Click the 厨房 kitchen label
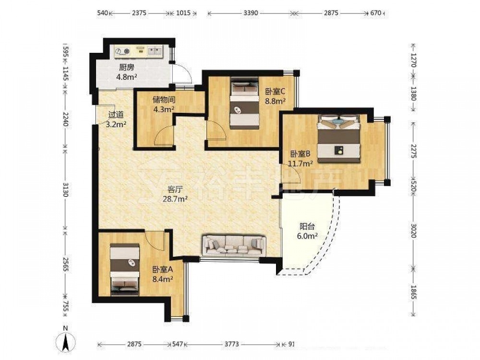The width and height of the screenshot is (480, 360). [x=126, y=67]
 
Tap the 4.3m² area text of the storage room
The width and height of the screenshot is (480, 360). [x=164, y=108]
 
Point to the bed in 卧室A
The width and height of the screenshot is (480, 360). [x=125, y=269]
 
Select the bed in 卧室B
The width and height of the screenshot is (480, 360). [x=338, y=138]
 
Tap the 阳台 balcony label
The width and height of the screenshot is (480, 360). [x=307, y=227]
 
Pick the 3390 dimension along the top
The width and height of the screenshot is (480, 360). [x=251, y=13]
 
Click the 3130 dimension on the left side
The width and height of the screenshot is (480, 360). [x=65, y=190]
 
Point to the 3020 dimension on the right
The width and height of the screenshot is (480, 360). [x=413, y=230]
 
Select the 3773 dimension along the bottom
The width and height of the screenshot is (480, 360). [x=231, y=344]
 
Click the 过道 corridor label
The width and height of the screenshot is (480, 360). [x=116, y=115]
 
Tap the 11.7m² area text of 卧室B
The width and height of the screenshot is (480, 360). [x=301, y=163]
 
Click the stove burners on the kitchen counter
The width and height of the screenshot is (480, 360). [x=123, y=51]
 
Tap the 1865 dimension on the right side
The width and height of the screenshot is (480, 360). [x=413, y=292]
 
